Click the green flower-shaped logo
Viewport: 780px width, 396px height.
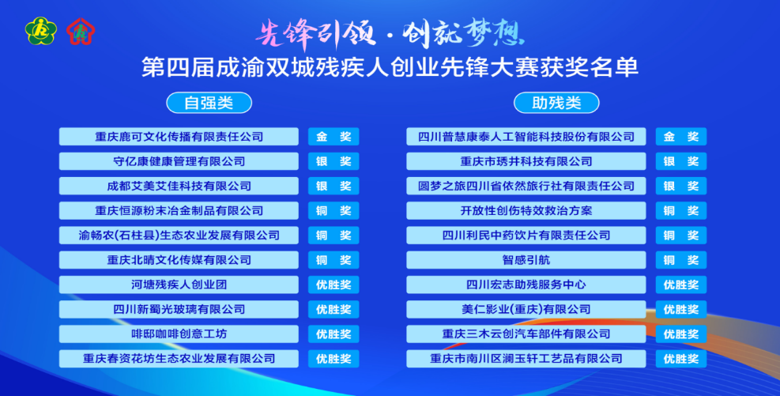(x=41, y=31)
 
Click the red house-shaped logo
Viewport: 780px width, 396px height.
(x=81, y=32)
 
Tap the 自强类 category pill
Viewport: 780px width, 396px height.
(x=209, y=103)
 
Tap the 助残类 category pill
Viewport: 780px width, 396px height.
(x=556, y=103)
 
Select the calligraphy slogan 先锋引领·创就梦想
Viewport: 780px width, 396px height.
(x=390, y=34)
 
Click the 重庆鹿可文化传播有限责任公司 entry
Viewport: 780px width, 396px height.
(x=179, y=137)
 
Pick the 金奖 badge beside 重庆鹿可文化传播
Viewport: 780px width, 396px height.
(x=333, y=137)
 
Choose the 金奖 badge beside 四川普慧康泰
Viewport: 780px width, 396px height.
(x=681, y=137)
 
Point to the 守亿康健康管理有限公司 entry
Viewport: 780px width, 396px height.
(x=179, y=161)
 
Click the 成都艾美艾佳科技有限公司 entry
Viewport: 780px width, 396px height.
(x=179, y=186)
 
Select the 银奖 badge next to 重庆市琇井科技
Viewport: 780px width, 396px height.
(x=681, y=161)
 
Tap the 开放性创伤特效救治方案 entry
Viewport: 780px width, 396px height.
(x=526, y=210)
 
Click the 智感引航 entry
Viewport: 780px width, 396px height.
(x=526, y=260)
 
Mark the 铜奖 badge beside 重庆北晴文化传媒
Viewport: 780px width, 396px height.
(x=333, y=260)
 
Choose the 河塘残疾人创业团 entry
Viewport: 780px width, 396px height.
(x=179, y=285)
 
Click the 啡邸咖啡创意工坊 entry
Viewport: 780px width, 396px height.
(x=179, y=334)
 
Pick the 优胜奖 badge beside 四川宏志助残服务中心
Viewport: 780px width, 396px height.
(x=681, y=285)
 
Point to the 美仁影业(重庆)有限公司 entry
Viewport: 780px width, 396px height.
(x=526, y=309)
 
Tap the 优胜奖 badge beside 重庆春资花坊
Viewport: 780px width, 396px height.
(x=333, y=358)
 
